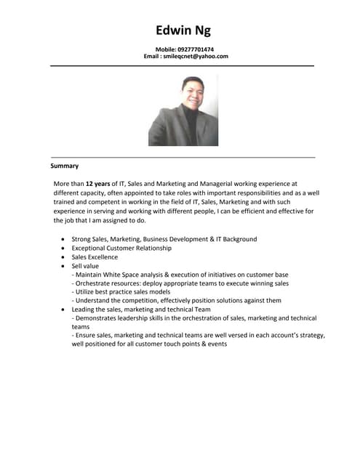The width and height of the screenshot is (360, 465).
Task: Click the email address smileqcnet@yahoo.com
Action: coord(196,56)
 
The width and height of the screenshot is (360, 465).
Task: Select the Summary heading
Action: coord(64,166)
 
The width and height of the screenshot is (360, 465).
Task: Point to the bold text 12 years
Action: coord(98,185)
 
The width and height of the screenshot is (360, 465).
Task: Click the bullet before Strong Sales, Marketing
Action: coord(63,239)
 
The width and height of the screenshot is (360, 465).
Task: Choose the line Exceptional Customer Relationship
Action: coord(121,248)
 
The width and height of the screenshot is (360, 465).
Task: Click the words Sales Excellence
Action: coord(95,256)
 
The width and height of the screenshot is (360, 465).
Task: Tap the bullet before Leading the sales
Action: coord(63,310)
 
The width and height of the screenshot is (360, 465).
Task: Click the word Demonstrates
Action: coord(98,318)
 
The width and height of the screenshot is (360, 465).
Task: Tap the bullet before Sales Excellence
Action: coord(63,257)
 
